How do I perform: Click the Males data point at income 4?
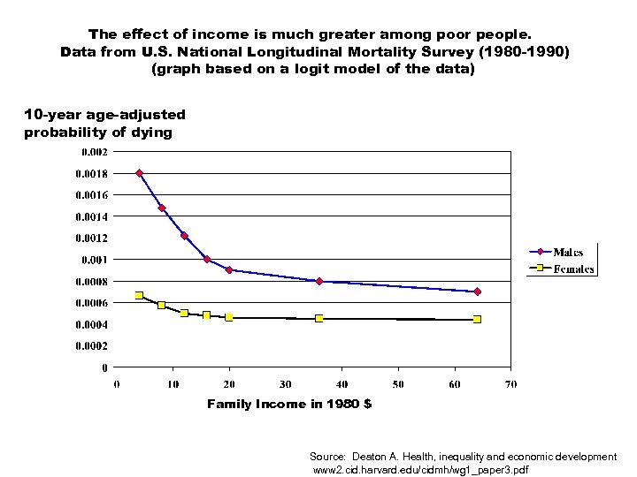140,173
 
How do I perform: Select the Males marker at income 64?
477,291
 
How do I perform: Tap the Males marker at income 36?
319,281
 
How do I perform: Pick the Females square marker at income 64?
477,319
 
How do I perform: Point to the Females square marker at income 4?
140,295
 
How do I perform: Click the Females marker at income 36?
319,318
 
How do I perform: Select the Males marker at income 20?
229,270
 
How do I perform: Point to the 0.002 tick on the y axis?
95,151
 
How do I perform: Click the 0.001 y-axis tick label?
95,260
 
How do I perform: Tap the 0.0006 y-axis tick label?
91,303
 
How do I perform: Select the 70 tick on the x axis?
510,384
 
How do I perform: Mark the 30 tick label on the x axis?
286,384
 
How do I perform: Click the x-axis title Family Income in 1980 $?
289,404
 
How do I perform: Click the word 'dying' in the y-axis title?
151,132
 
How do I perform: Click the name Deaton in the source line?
369,457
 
